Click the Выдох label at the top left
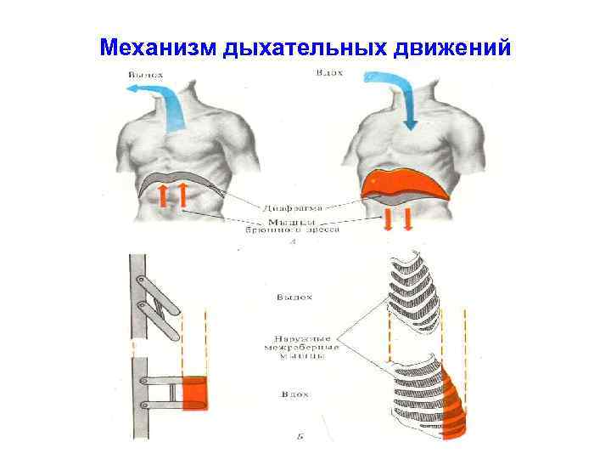pos(145,75)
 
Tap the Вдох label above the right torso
pos(328,73)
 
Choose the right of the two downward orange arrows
pos(408,220)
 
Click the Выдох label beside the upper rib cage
pos(294,297)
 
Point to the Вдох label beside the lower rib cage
pos(293,395)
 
